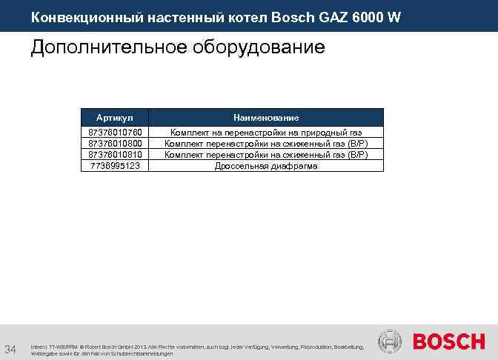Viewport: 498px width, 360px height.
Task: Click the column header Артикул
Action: pyautogui.click(x=115, y=118)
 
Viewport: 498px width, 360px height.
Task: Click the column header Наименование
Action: pyautogui.click(x=266, y=118)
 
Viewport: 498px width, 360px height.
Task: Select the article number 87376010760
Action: pyautogui.click(x=115, y=132)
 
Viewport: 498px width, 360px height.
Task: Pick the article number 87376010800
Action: pyautogui.click(x=115, y=143)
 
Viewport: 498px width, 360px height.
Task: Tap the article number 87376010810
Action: pyautogui.click(x=115, y=154)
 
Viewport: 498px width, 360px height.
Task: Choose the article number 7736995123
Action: pyautogui.click(x=115, y=166)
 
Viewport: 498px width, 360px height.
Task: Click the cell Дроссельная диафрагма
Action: pyautogui.click(x=266, y=166)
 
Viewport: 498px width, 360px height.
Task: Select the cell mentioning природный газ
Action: pyautogui.click(x=266, y=132)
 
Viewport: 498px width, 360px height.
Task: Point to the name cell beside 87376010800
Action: pyautogui.click(x=266, y=143)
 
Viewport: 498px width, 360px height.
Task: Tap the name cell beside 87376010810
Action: pyautogui.click(x=266, y=154)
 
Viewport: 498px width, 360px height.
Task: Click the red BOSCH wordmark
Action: pyautogui.click(x=449, y=342)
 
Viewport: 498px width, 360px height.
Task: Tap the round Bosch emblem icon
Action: pyautogui.click(x=390, y=341)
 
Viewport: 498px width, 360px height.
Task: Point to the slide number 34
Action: pyautogui.click(x=11, y=349)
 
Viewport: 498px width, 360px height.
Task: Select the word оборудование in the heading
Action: pyautogui.click(x=259, y=48)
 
